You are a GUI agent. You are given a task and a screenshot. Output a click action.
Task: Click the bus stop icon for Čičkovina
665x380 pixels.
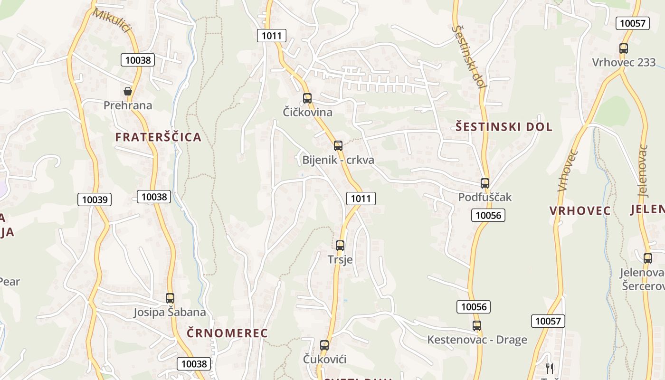pyautogui.click(x=307, y=98)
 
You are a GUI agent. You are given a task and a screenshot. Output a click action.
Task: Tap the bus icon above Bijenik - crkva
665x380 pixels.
pyautogui.click(x=338, y=146)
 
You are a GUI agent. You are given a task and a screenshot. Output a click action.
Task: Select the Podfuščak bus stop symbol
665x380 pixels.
pyautogui.click(x=484, y=183)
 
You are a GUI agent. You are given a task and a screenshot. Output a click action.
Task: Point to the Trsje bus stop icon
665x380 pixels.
pyautogui.click(x=340, y=246)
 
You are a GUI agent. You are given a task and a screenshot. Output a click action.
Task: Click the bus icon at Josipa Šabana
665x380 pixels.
pyautogui.click(x=170, y=298)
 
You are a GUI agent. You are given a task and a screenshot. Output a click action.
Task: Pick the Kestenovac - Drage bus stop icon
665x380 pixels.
pyautogui.click(x=477, y=326)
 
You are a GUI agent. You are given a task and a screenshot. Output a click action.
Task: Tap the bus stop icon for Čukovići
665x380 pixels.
pyautogui.click(x=324, y=345)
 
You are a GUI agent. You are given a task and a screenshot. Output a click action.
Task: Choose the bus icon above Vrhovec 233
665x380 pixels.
pyautogui.click(x=624, y=48)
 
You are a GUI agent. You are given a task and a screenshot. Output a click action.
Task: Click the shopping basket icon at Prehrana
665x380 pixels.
pyautogui.click(x=128, y=91)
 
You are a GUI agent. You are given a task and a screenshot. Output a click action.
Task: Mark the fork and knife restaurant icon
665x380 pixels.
pyautogui.click(x=550, y=368)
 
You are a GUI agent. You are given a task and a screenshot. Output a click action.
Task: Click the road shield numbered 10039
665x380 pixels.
pyautogui.click(x=95, y=199)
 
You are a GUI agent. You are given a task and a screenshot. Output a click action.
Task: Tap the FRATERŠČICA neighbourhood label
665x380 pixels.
pyautogui.click(x=158, y=137)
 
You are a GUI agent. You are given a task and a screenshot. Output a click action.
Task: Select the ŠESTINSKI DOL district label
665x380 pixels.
pyautogui.click(x=504, y=127)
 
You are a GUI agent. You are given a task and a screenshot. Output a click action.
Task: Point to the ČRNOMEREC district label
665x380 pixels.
pyautogui.click(x=227, y=333)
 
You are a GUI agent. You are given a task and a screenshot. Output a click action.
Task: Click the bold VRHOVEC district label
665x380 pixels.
pyautogui.click(x=580, y=211)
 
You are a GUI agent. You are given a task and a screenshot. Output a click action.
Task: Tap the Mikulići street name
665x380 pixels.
pyautogui.click(x=112, y=20)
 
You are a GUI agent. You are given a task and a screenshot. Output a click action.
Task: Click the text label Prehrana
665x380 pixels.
pyautogui.click(x=128, y=105)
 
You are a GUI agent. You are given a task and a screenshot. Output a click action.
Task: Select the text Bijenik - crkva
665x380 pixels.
pyautogui.click(x=338, y=160)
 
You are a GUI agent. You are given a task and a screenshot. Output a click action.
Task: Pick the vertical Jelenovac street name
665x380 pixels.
pyautogui.click(x=643, y=171)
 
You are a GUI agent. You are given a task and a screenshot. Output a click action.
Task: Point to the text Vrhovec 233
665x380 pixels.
pyautogui.click(x=624, y=62)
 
